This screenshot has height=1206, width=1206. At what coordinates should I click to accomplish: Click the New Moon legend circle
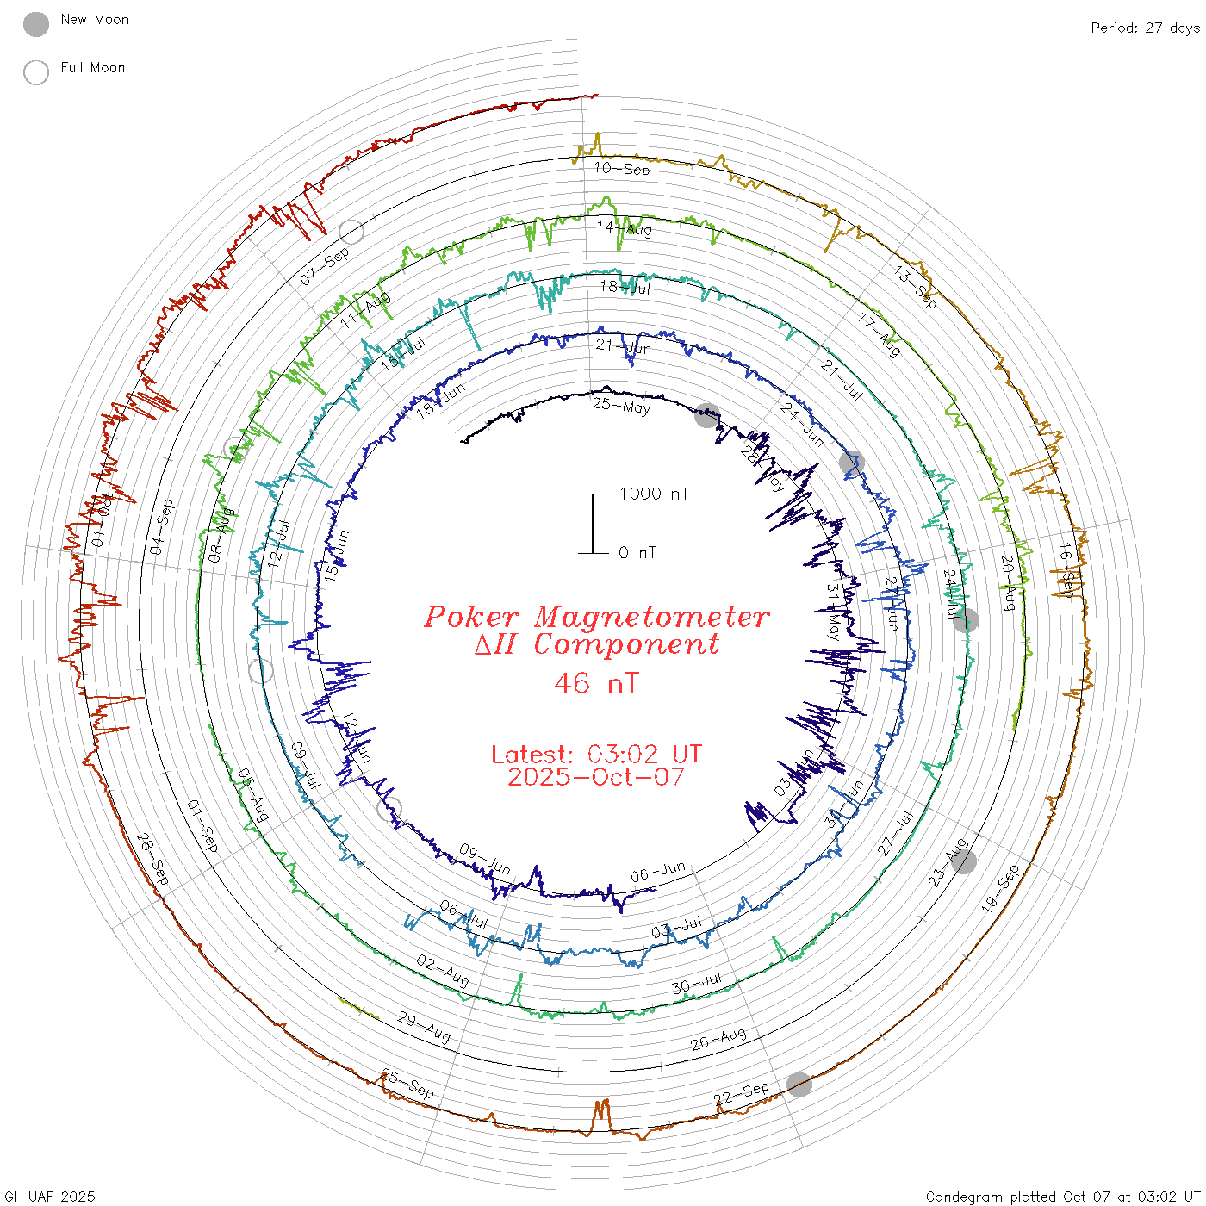(36, 24)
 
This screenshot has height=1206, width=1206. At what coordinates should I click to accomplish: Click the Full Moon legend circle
(36, 72)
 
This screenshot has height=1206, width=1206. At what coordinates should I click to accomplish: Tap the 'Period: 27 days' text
(1145, 28)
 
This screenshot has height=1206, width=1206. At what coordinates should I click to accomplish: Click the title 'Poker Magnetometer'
(596, 617)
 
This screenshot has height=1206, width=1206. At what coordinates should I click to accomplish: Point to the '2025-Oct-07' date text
(596, 777)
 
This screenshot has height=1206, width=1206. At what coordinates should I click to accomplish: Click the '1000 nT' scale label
(654, 494)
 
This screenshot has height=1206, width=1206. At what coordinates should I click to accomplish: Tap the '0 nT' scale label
(637, 553)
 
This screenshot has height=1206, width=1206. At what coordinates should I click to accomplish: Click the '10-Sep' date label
(622, 169)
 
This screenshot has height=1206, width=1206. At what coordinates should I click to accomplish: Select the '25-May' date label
(621, 406)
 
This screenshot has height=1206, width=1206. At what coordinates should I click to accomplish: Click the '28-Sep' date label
(153, 860)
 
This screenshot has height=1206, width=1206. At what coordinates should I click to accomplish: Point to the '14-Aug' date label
(625, 228)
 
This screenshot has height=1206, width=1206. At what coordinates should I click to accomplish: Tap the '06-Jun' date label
(657, 872)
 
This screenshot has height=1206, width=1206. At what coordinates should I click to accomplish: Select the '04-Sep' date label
(161, 527)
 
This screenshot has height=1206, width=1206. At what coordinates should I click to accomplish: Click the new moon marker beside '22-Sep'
(799, 1085)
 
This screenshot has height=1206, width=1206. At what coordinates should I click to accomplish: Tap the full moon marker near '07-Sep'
(351, 231)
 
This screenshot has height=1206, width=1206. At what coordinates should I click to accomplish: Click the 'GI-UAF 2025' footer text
(49, 1197)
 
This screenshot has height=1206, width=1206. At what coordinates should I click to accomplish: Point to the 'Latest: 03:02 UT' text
(596, 755)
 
